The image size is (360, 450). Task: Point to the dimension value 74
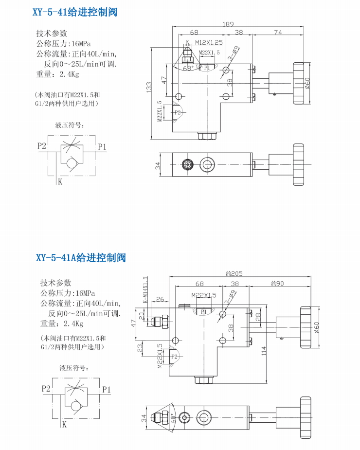[x=278, y=33]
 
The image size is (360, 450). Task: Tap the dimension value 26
[x=160, y=299]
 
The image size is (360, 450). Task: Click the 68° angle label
[x=188, y=68]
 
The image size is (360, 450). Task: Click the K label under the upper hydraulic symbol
[x=60, y=182]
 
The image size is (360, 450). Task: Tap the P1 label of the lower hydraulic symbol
[x=106, y=389]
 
